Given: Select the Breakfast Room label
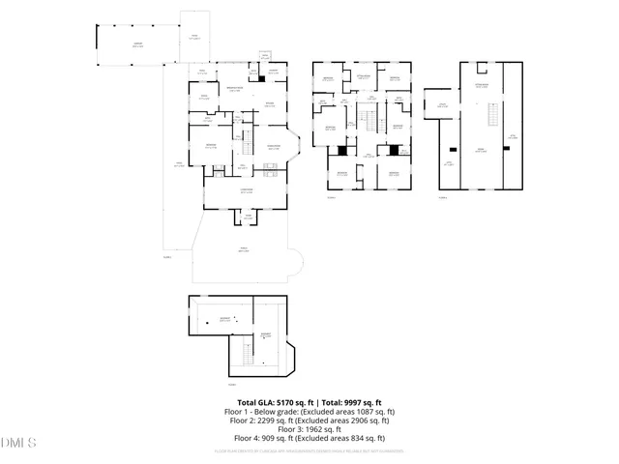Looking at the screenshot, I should pos(233,89).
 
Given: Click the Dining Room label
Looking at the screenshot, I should pos(273,147).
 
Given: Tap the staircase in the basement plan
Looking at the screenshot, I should pos(245,357).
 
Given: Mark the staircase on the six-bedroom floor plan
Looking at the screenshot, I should pos(367,120).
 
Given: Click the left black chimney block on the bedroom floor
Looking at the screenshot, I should pos(341,151).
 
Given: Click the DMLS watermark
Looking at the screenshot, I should pos(17,443).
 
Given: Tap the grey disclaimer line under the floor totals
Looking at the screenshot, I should pos(309,450).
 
